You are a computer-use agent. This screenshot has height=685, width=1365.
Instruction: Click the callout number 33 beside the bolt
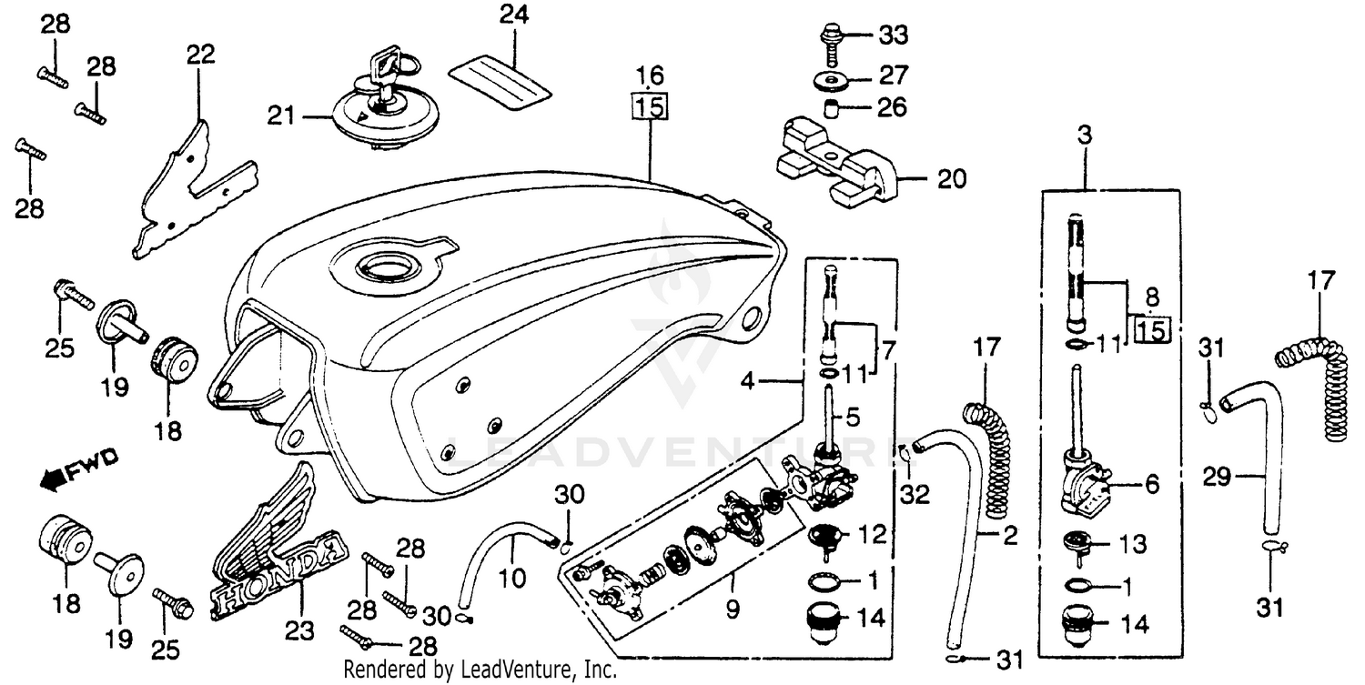click(x=893, y=37)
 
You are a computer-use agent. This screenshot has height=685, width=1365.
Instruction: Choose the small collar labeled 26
click(x=831, y=110)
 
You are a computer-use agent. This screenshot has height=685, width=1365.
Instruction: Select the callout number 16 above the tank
click(x=651, y=74)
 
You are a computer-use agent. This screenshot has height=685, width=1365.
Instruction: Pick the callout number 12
click(x=871, y=535)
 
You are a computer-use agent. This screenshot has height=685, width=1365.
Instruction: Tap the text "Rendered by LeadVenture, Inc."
click(x=480, y=671)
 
